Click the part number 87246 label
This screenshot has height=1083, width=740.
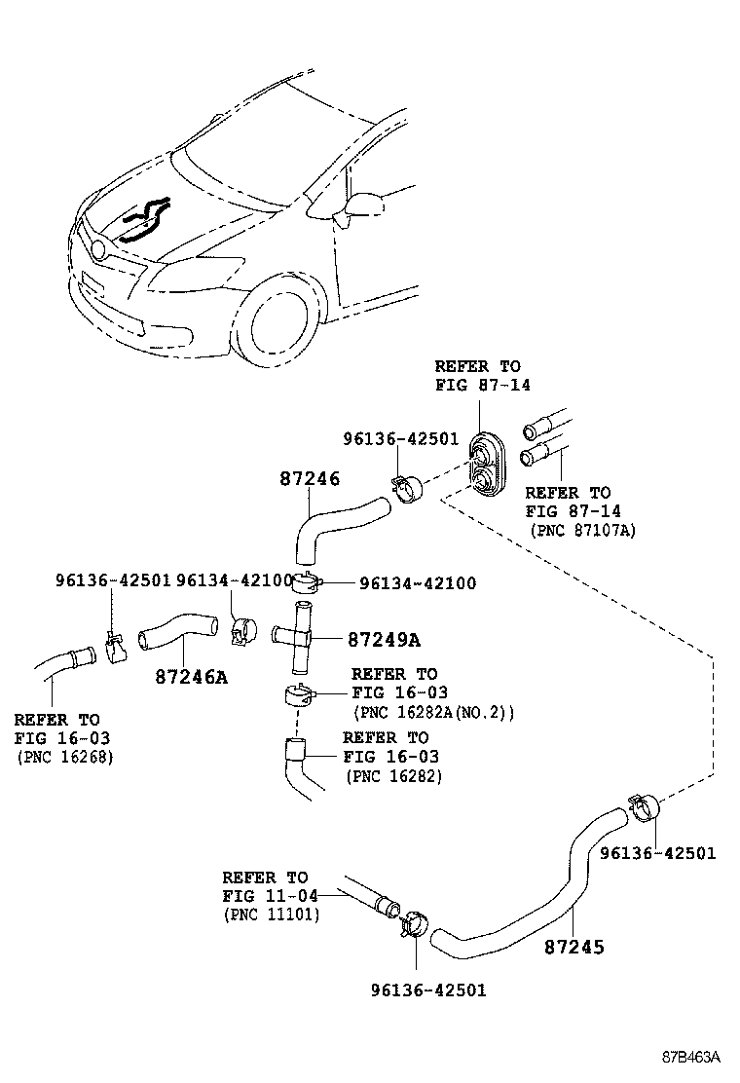[309, 479]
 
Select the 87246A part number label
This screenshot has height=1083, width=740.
[191, 676]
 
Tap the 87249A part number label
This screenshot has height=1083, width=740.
[384, 640]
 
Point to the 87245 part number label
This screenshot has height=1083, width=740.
[573, 946]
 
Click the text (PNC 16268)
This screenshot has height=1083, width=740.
[64, 756]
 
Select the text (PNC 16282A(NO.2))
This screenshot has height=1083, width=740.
[433, 712]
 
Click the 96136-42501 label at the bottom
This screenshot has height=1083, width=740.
[427, 990]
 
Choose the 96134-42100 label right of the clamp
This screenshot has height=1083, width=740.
[418, 583]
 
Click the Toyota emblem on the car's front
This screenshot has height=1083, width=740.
[97, 249]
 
